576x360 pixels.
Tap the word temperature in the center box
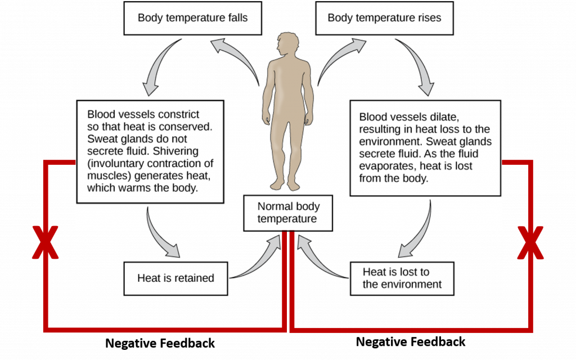tap(287, 218)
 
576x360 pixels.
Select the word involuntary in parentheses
tap(120, 164)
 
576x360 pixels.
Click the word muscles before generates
tap(106, 176)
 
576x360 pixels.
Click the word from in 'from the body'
tap(370, 179)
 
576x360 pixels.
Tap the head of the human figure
tap(287, 46)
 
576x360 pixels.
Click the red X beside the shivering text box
tap(45, 243)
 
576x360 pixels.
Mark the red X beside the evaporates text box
tap(530, 243)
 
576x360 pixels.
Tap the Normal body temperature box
tap(287, 213)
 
